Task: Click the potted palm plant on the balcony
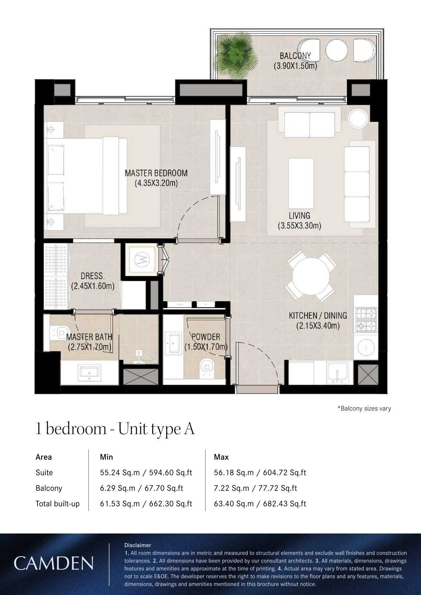[x=236, y=54]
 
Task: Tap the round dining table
[x=310, y=275]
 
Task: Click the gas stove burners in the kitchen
[x=367, y=319]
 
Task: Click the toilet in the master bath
[x=58, y=332]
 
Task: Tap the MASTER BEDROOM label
[x=156, y=173]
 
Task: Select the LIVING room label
[x=300, y=215]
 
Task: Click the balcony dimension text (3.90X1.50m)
[x=295, y=66]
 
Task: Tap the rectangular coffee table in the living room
[x=301, y=183]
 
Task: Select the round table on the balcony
[x=336, y=50]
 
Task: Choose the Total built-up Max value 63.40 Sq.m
[x=234, y=504]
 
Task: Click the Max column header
[x=221, y=457]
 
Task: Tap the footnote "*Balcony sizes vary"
[x=364, y=409]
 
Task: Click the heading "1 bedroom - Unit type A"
[x=115, y=429]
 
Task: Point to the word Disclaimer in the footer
[x=138, y=545]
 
